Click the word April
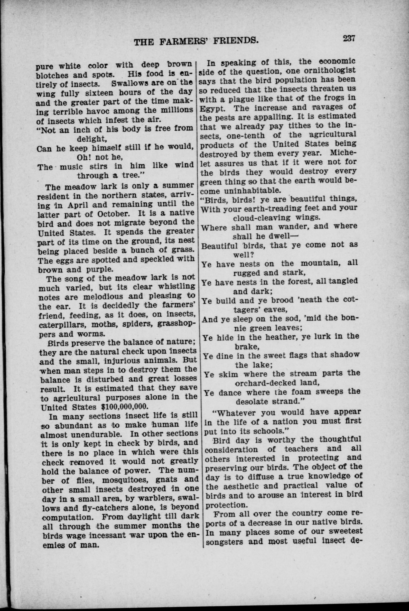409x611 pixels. pos(77,205)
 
